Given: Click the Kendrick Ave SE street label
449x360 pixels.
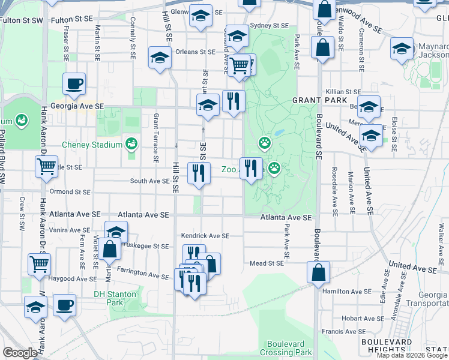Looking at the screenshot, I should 205,236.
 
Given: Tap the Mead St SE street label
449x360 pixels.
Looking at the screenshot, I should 266,263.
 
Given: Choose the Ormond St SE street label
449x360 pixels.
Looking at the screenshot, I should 71,192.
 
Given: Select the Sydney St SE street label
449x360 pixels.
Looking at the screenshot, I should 269,25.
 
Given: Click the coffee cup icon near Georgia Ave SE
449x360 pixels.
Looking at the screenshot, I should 74,84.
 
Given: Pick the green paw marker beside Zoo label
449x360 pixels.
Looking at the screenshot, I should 274,169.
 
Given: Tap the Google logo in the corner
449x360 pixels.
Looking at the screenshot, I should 20,353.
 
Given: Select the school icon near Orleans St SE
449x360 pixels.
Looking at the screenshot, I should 160,58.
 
